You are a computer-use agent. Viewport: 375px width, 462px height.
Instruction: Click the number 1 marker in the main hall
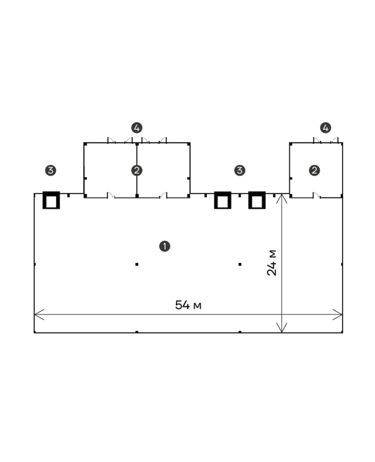165,246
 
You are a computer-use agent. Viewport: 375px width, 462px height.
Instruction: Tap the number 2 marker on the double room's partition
137,170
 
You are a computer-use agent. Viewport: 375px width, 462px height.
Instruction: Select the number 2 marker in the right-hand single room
314,170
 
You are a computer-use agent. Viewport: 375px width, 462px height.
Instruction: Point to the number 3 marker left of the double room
51,170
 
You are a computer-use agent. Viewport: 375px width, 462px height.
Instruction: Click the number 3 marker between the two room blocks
240,170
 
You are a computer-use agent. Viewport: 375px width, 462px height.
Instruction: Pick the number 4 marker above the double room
137,128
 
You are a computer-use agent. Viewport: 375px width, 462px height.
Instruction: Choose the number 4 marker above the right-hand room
326,128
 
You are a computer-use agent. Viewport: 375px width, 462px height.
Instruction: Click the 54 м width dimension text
188,305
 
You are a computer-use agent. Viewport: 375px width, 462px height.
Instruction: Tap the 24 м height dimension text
272,263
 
